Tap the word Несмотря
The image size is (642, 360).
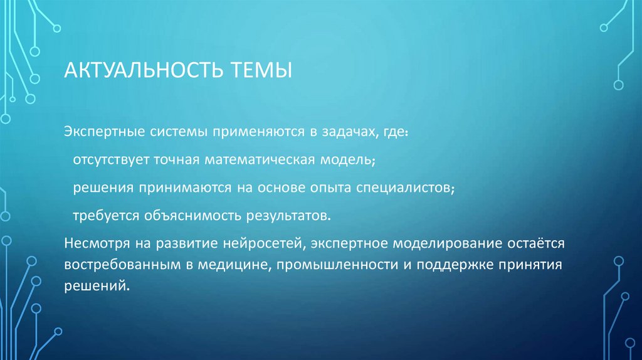coord(94,243)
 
